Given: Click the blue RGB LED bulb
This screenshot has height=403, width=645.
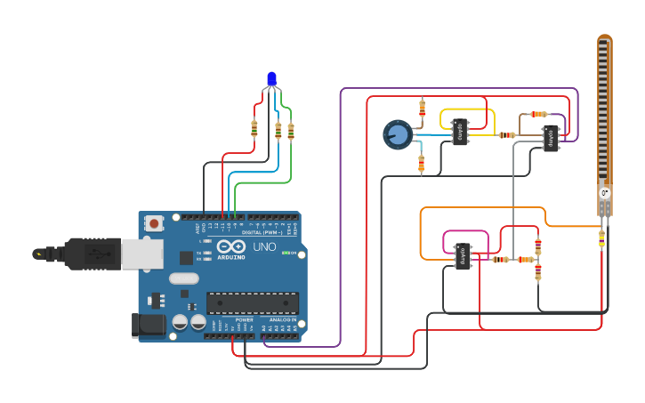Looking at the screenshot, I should coord(271,80).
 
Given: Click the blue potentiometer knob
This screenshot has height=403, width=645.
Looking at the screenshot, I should coord(397,134).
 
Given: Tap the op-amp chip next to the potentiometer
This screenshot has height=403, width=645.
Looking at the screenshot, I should coord(460,133).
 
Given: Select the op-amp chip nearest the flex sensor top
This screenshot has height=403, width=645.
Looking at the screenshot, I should coord(551,138).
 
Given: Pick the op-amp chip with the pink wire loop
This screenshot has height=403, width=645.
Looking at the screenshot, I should coord(463,256).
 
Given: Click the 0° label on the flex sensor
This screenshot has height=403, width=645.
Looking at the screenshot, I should coord(605,193).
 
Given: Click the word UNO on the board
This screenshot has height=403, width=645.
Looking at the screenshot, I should coord(265,246).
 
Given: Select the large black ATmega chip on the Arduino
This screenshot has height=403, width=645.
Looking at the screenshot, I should coord(252,303).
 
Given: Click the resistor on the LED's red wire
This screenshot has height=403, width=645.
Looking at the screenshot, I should coord(254,128).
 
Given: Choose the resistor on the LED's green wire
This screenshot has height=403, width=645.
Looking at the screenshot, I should coord(290,130).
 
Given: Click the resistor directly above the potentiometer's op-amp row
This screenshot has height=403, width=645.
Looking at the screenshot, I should coord(422,109).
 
